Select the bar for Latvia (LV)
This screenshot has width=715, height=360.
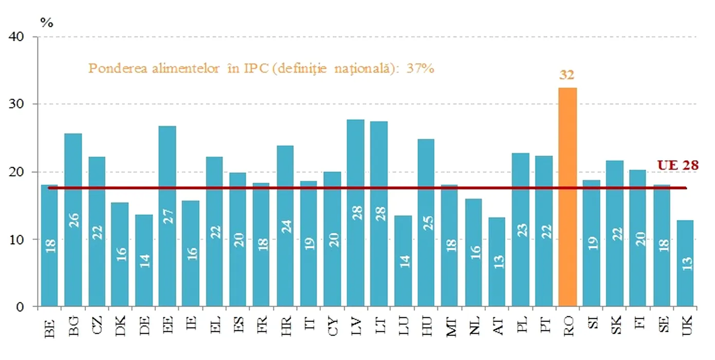click(356, 213)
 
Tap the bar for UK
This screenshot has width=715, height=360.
click(685, 263)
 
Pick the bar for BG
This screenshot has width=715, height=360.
click(73, 220)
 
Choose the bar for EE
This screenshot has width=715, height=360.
click(167, 216)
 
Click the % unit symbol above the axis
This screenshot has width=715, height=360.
click(47, 23)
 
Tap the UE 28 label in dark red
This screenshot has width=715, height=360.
click(678, 165)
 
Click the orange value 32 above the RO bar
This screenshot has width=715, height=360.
click(567, 75)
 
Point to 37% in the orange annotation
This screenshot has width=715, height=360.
click(421, 68)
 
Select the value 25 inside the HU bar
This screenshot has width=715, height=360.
click(427, 222)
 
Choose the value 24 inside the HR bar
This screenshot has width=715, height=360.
click(285, 226)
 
